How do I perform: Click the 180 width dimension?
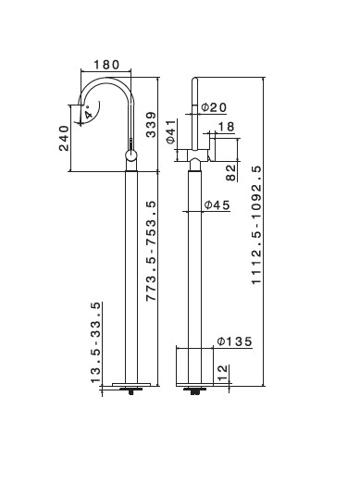coord(106,65)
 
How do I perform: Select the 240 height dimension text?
coord(64,138)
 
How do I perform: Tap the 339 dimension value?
coord(151,125)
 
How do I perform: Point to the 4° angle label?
coord(89,112)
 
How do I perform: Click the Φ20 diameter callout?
coord(214,107)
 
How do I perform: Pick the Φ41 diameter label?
coord(170,131)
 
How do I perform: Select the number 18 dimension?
coord(227,127)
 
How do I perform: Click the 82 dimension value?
coord(230,173)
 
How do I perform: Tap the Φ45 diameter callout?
coord(217,205)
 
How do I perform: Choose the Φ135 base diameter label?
coord(234,341)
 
